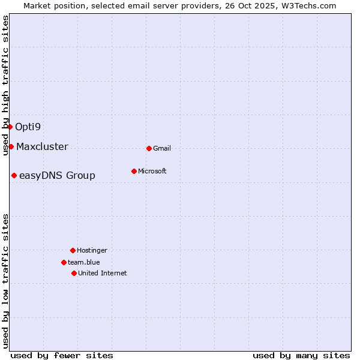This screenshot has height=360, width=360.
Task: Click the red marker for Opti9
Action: tap(10, 127)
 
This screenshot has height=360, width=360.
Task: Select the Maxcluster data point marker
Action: tap(11, 146)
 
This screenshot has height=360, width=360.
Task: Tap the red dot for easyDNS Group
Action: tap(14, 175)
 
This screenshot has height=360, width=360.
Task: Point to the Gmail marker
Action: tap(149, 148)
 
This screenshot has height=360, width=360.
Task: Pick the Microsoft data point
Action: tap(134, 171)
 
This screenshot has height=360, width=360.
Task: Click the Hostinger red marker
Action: tap(73, 250)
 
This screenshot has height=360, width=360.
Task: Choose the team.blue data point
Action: tap(64, 262)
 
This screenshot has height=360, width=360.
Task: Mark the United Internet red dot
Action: tap(74, 273)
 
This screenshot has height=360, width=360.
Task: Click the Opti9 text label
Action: tap(28, 127)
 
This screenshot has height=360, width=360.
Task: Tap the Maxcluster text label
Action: tap(42, 146)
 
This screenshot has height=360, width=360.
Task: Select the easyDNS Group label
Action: tap(57, 175)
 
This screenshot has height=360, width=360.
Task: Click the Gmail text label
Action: tap(162, 148)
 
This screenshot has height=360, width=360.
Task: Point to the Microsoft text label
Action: tap(152, 171)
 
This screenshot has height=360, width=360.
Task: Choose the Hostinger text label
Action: tap(92, 250)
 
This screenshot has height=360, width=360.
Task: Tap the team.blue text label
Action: tap(84, 262)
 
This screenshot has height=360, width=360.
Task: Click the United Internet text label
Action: tap(103, 273)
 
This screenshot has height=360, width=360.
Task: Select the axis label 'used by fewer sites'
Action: tap(62, 355)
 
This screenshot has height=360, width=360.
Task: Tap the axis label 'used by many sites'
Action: tap(301, 355)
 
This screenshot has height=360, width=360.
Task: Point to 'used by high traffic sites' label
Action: tap(5, 85)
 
